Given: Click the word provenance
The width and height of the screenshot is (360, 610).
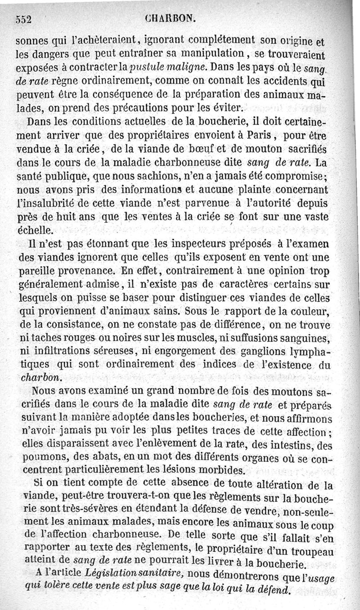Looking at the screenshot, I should tap(80, 271).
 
